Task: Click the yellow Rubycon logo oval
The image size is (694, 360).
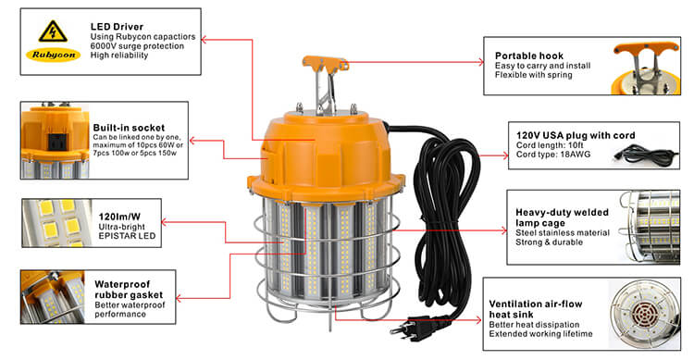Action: click(x=53, y=55)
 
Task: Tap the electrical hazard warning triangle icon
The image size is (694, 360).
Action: click(x=53, y=31)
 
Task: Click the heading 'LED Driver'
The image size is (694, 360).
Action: click(x=117, y=27)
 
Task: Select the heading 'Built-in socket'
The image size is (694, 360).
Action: click(x=129, y=128)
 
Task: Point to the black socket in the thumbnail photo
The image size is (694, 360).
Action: click(x=55, y=141)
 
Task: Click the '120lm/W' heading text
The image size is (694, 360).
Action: click(x=119, y=217)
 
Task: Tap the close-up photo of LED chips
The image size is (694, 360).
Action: click(x=56, y=223)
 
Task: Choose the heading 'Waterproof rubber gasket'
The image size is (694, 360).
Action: click(x=129, y=290)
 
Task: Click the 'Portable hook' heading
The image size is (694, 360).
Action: click(x=529, y=56)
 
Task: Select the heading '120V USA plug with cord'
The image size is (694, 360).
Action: click(x=576, y=135)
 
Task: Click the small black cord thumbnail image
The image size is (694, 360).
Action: click(x=646, y=155)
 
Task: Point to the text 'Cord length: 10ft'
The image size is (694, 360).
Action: click(x=550, y=145)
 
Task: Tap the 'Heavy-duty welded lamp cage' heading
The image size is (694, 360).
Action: click(x=562, y=217)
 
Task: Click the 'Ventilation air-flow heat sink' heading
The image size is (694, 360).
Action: click(x=536, y=309)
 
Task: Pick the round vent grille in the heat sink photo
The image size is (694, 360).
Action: click(x=642, y=315)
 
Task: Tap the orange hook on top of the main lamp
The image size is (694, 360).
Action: click(x=326, y=63)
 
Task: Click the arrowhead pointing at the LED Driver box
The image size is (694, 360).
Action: click(x=204, y=40)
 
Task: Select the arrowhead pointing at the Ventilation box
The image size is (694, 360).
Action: click(x=478, y=319)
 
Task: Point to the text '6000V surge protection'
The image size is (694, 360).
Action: click(x=137, y=46)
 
